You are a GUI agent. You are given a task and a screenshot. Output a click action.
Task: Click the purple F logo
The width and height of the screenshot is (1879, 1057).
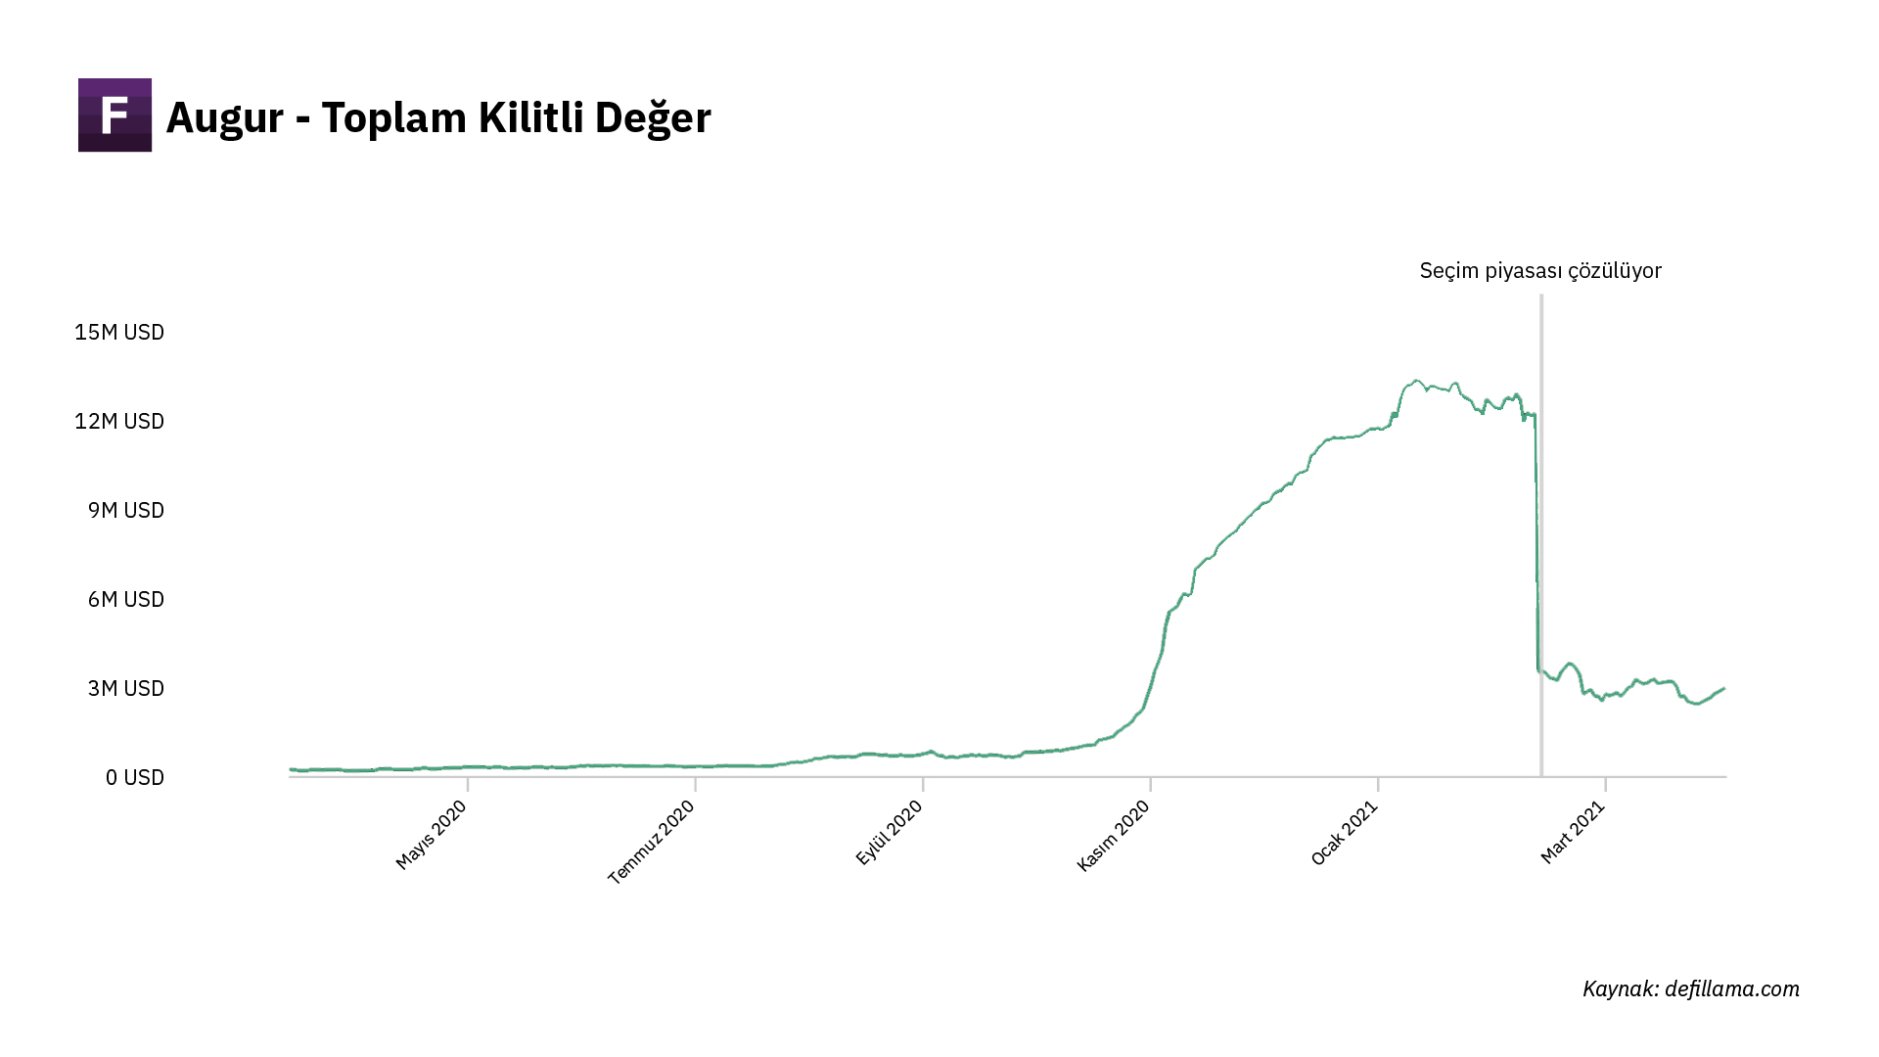pos(115,115)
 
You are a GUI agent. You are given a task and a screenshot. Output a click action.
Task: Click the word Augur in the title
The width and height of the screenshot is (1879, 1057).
pos(224,118)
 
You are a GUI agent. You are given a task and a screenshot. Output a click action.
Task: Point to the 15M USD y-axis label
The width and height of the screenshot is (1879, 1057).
pos(119,332)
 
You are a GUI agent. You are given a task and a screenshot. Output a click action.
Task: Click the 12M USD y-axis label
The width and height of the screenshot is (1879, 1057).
pos(119,421)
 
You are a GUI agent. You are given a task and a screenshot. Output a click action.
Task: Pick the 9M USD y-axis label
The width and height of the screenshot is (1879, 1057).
pos(125,510)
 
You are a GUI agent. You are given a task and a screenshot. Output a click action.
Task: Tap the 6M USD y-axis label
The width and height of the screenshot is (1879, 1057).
pos(125,599)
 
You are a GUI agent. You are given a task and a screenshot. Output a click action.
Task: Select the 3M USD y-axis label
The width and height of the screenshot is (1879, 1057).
pos(125,688)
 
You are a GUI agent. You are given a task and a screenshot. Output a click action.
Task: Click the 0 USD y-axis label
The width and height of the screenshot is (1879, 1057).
pos(134,777)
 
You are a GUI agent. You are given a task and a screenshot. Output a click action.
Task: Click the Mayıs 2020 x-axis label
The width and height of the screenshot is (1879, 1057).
pos(432,834)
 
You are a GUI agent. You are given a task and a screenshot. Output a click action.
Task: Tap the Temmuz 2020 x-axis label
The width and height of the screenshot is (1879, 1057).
pos(652,842)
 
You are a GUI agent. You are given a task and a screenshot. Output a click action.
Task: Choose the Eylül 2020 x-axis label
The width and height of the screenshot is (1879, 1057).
pos(890,832)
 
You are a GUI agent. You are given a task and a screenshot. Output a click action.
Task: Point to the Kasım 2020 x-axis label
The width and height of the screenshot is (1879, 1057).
pos(1113,835)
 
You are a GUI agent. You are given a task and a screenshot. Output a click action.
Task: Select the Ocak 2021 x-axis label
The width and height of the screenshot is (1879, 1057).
pos(1345,833)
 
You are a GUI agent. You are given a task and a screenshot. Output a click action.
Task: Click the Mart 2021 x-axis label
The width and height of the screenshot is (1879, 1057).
pos(1573,832)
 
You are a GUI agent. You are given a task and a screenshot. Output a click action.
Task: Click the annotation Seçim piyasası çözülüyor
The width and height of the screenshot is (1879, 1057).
pos(1540,271)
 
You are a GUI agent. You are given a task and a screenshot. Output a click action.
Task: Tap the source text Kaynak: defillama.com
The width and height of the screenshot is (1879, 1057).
pos(1690,988)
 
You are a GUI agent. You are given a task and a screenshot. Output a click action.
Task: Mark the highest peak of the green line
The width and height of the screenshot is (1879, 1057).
pos(1416,381)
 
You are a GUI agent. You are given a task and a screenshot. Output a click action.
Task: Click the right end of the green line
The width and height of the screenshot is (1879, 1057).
pos(1723,689)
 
